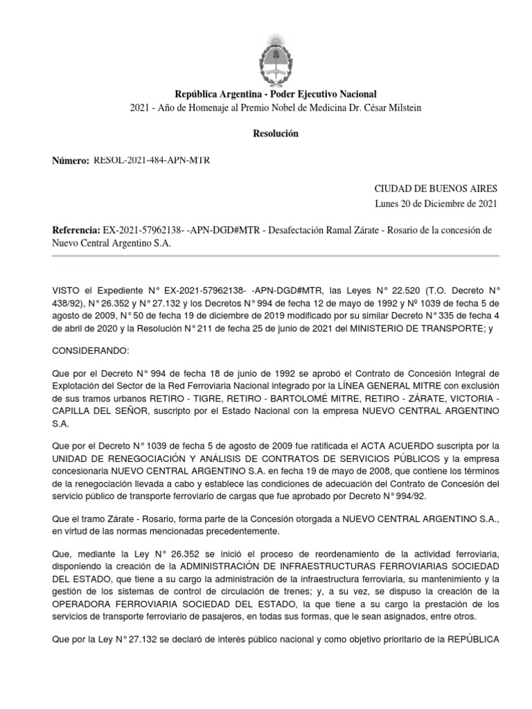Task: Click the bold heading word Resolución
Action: coord(275,134)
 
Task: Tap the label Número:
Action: coord(71,161)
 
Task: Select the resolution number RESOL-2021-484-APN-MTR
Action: coord(152,161)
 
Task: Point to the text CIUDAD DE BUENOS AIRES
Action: coord(436,188)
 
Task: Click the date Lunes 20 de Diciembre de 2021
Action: coord(436,204)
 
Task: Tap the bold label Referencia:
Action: coord(76,230)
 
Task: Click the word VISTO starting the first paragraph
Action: coord(67,291)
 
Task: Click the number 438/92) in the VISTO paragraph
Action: coord(72,303)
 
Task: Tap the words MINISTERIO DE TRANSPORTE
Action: coord(415,328)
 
